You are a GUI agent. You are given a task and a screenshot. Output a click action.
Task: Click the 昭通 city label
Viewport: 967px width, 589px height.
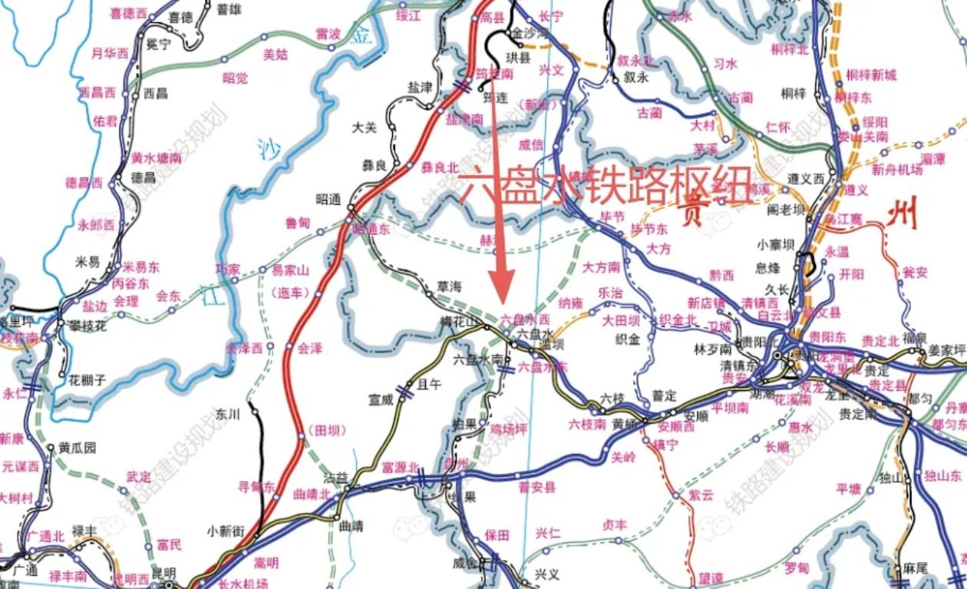(328, 200)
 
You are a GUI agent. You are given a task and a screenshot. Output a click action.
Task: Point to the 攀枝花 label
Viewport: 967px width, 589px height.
(87, 326)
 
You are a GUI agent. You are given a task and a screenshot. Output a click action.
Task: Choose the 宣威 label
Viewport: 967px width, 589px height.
(380, 399)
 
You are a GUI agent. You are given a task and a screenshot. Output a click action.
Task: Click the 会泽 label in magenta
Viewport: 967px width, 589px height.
(310, 348)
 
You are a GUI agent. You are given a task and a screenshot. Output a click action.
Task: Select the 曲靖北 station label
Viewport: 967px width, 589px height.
(312, 495)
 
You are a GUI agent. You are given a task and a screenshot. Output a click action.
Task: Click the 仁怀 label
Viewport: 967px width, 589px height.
(777, 127)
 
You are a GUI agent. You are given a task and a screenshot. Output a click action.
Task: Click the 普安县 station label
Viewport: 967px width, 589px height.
(537, 487)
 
